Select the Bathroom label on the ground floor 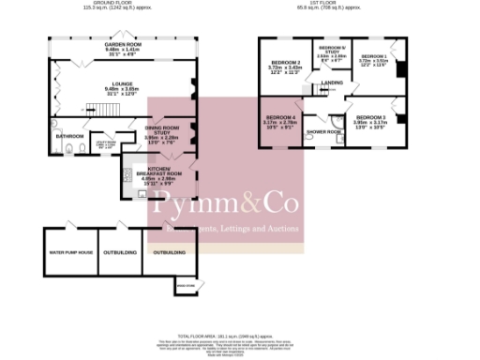pyautogui.click(x=69, y=135)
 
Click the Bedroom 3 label pyautogui.click(x=369, y=117)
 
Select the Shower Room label pyautogui.click(x=324, y=131)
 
